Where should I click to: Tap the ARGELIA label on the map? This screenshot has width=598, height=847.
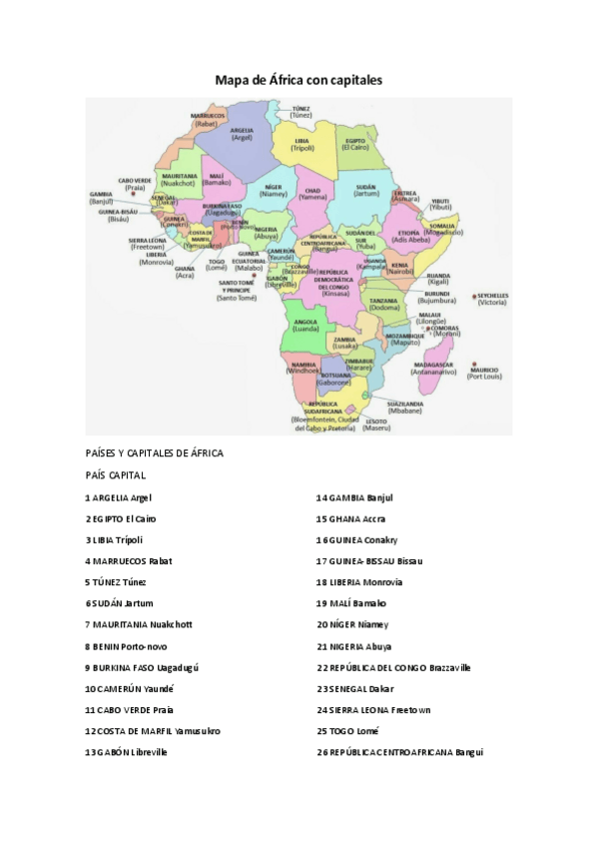pyautogui.click(x=242, y=132)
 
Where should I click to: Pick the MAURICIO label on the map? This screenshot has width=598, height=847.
pyautogui.click(x=483, y=371)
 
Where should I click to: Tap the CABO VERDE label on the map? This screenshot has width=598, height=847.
pyautogui.click(x=136, y=182)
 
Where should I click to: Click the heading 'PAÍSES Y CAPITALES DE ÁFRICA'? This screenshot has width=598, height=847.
pyautogui.click(x=154, y=453)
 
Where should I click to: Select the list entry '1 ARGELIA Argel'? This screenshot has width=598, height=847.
pyautogui.click(x=118, y=497)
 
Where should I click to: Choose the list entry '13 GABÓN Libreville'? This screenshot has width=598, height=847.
pyautogui.click(x=126, y=752)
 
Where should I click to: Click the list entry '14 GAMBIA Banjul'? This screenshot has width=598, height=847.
pyautogui.click(x=354, y=497)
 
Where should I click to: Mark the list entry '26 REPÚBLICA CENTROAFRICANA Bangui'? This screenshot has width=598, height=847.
pyautogui.click(x=399, y=752)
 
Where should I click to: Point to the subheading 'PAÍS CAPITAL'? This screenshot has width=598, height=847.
pyautogui.click(x=116, y=475)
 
